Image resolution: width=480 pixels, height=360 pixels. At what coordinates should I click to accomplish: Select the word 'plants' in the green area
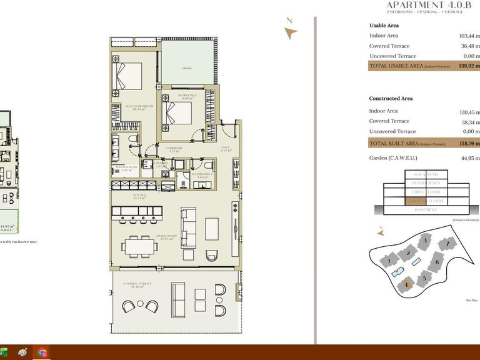coord(186,68)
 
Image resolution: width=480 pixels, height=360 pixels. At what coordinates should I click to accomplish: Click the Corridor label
coord(175,149)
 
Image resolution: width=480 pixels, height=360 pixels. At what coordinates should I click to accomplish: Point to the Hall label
coord(227,149)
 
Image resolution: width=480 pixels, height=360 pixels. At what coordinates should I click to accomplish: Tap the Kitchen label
coord(139,197)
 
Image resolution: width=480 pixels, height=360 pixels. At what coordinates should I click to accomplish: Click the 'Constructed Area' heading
coord(391,99)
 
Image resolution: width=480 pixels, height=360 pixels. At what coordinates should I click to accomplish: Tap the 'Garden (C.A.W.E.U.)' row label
coord(394,158)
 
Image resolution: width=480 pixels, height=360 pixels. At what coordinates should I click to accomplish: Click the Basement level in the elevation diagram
coord(426,210)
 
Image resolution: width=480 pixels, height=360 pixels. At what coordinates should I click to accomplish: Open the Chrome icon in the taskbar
coord(42,353)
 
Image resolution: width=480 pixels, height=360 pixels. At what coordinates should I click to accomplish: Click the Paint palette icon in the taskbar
coord(22,353)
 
